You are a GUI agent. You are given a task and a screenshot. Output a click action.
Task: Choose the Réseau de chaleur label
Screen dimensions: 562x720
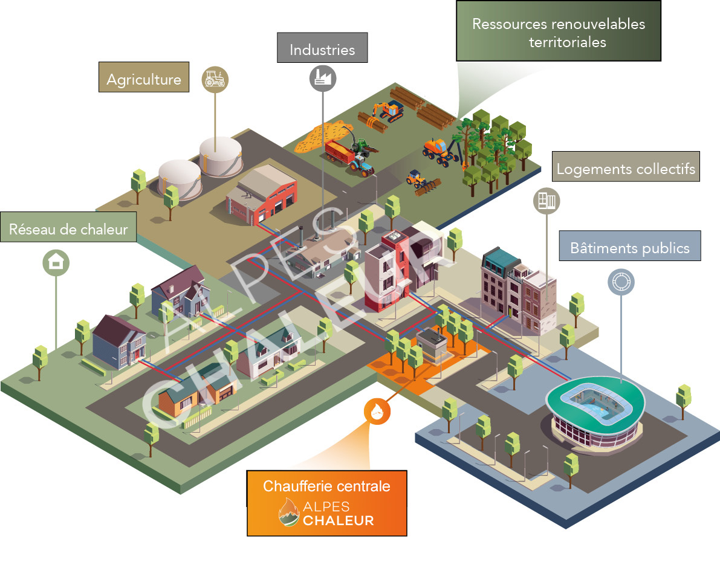(x=68, y=228)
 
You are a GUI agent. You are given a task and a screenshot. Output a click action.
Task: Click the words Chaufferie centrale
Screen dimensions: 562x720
(x=326, y=486)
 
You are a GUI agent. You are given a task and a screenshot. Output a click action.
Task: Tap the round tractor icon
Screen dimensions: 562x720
(x=215, y=78)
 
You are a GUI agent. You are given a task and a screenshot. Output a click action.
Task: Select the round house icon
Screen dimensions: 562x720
(x=56, y=263)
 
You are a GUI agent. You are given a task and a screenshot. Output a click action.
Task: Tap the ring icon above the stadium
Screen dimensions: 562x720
(x=621, y=282)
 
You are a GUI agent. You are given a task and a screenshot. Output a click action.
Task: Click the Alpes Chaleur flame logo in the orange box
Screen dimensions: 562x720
(x=289, y=512)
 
